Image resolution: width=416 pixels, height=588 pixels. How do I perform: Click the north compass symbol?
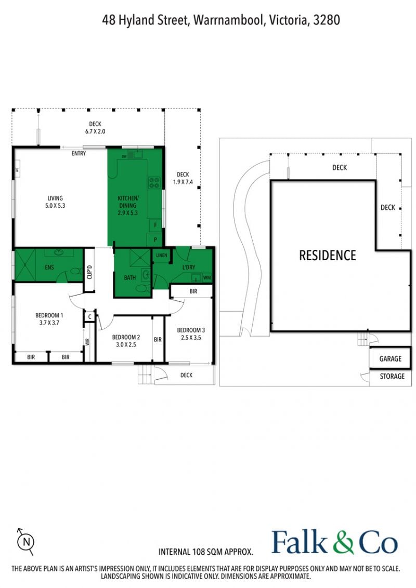click(25, 541)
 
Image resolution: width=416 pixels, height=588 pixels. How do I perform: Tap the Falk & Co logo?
click(334, 542)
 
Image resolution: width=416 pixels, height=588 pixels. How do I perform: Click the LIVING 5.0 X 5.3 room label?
click(55, 202)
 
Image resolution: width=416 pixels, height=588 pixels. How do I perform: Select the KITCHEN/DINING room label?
click(128, 205)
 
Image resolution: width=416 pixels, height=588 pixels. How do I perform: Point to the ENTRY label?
click(79, 153)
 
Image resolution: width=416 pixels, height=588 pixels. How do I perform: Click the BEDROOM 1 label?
click(49, 319)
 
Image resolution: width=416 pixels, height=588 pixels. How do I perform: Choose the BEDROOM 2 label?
click(126, 341)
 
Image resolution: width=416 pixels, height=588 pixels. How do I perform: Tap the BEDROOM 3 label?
click(191, 334)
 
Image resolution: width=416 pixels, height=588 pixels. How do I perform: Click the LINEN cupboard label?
click(162, 256)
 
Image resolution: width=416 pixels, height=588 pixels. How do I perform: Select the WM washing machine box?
click(207, 278)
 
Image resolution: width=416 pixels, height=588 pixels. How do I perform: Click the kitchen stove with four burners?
click(154, 182)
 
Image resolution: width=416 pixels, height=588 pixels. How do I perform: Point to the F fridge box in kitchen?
click(155, 225)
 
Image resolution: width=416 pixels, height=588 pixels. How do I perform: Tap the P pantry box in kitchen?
click(155, 239)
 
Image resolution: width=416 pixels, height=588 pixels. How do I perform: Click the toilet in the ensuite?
click(76, 271)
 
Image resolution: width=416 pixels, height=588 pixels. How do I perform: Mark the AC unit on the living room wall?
click(17, 169)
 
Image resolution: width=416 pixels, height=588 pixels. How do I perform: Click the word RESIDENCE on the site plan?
click(328, 256)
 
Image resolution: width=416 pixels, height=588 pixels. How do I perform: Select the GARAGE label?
click(390, 359)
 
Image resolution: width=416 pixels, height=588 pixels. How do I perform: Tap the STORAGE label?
click(392, 376)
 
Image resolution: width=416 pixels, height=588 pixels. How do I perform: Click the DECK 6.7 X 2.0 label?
click(95, 127)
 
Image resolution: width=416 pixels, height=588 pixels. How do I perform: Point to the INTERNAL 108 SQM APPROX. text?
click(206, 552)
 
